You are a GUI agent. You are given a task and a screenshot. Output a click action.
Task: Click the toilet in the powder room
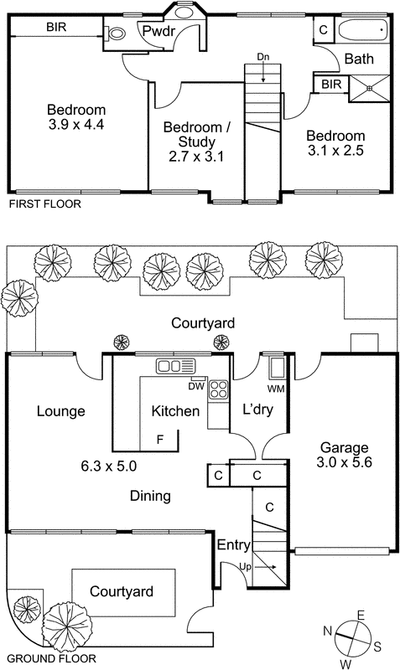point(115,33)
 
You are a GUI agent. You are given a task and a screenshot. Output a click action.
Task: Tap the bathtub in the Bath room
point(363,30)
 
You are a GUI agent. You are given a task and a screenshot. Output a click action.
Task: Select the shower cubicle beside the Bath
point(370,89)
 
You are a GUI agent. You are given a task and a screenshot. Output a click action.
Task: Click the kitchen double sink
point(175,366)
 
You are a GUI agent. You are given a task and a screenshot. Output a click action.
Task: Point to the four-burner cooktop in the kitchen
point(218,389)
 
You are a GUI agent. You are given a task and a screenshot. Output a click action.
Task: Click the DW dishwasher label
point(195,386)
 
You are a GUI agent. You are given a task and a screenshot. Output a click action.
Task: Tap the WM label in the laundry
point(276,389)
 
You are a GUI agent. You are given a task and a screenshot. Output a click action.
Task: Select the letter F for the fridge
point(160,440)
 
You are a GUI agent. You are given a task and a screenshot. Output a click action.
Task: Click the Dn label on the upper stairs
point(263,56)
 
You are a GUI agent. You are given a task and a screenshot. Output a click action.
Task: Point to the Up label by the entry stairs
point(245,568)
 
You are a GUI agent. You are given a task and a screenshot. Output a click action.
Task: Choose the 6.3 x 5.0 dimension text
point(109,466)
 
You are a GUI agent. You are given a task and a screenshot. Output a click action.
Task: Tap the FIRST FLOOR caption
point(45,204)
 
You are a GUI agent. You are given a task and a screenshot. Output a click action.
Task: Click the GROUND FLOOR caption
point(52,658)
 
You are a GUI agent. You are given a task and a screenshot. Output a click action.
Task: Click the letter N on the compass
point(328,631)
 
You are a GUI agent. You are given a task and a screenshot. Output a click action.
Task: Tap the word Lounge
point(60,411)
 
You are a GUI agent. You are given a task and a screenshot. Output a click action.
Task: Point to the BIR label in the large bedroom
point(56,28)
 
